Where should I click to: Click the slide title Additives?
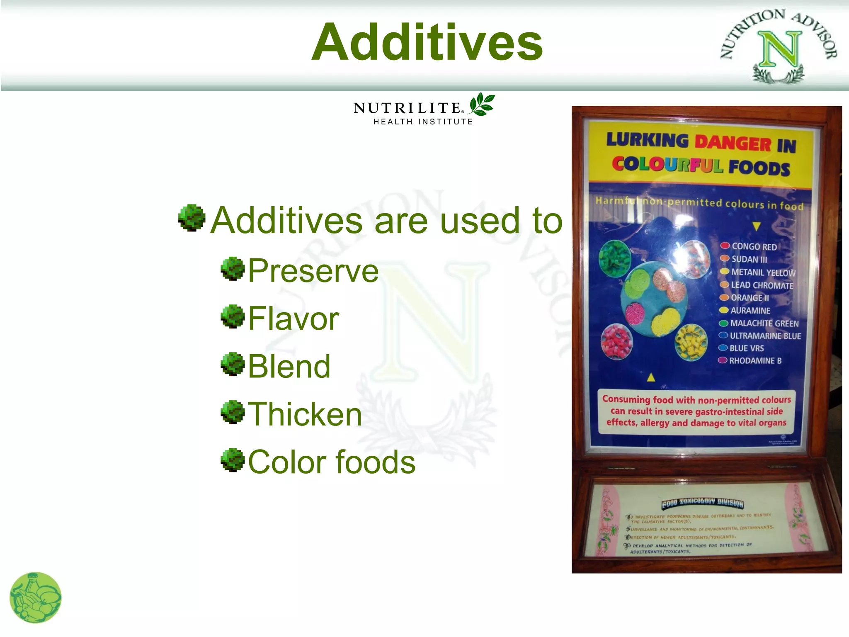(427, 43)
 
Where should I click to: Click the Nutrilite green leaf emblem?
(482, 104)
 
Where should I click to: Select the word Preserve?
(313, 271)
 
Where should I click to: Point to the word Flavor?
(294, 318)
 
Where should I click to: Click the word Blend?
(289, 367)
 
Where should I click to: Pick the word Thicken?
(305, 414)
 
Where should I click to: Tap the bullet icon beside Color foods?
(233, 460)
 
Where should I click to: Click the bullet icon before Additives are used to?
(192, 217)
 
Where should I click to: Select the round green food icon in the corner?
(35, 598)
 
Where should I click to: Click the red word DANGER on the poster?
(733, 143)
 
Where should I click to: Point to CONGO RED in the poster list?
(754, 246)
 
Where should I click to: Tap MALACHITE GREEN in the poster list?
(764, 323)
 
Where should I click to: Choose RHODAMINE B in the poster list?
(755, 361)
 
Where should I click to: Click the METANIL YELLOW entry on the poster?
(763, 272)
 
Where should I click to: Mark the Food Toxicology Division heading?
(702, 503)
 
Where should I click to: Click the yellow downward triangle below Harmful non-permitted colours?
(757, 226)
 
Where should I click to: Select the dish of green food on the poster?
(615, 258)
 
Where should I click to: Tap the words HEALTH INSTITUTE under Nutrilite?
(423, 122)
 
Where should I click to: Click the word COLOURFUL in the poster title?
(667, 165)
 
